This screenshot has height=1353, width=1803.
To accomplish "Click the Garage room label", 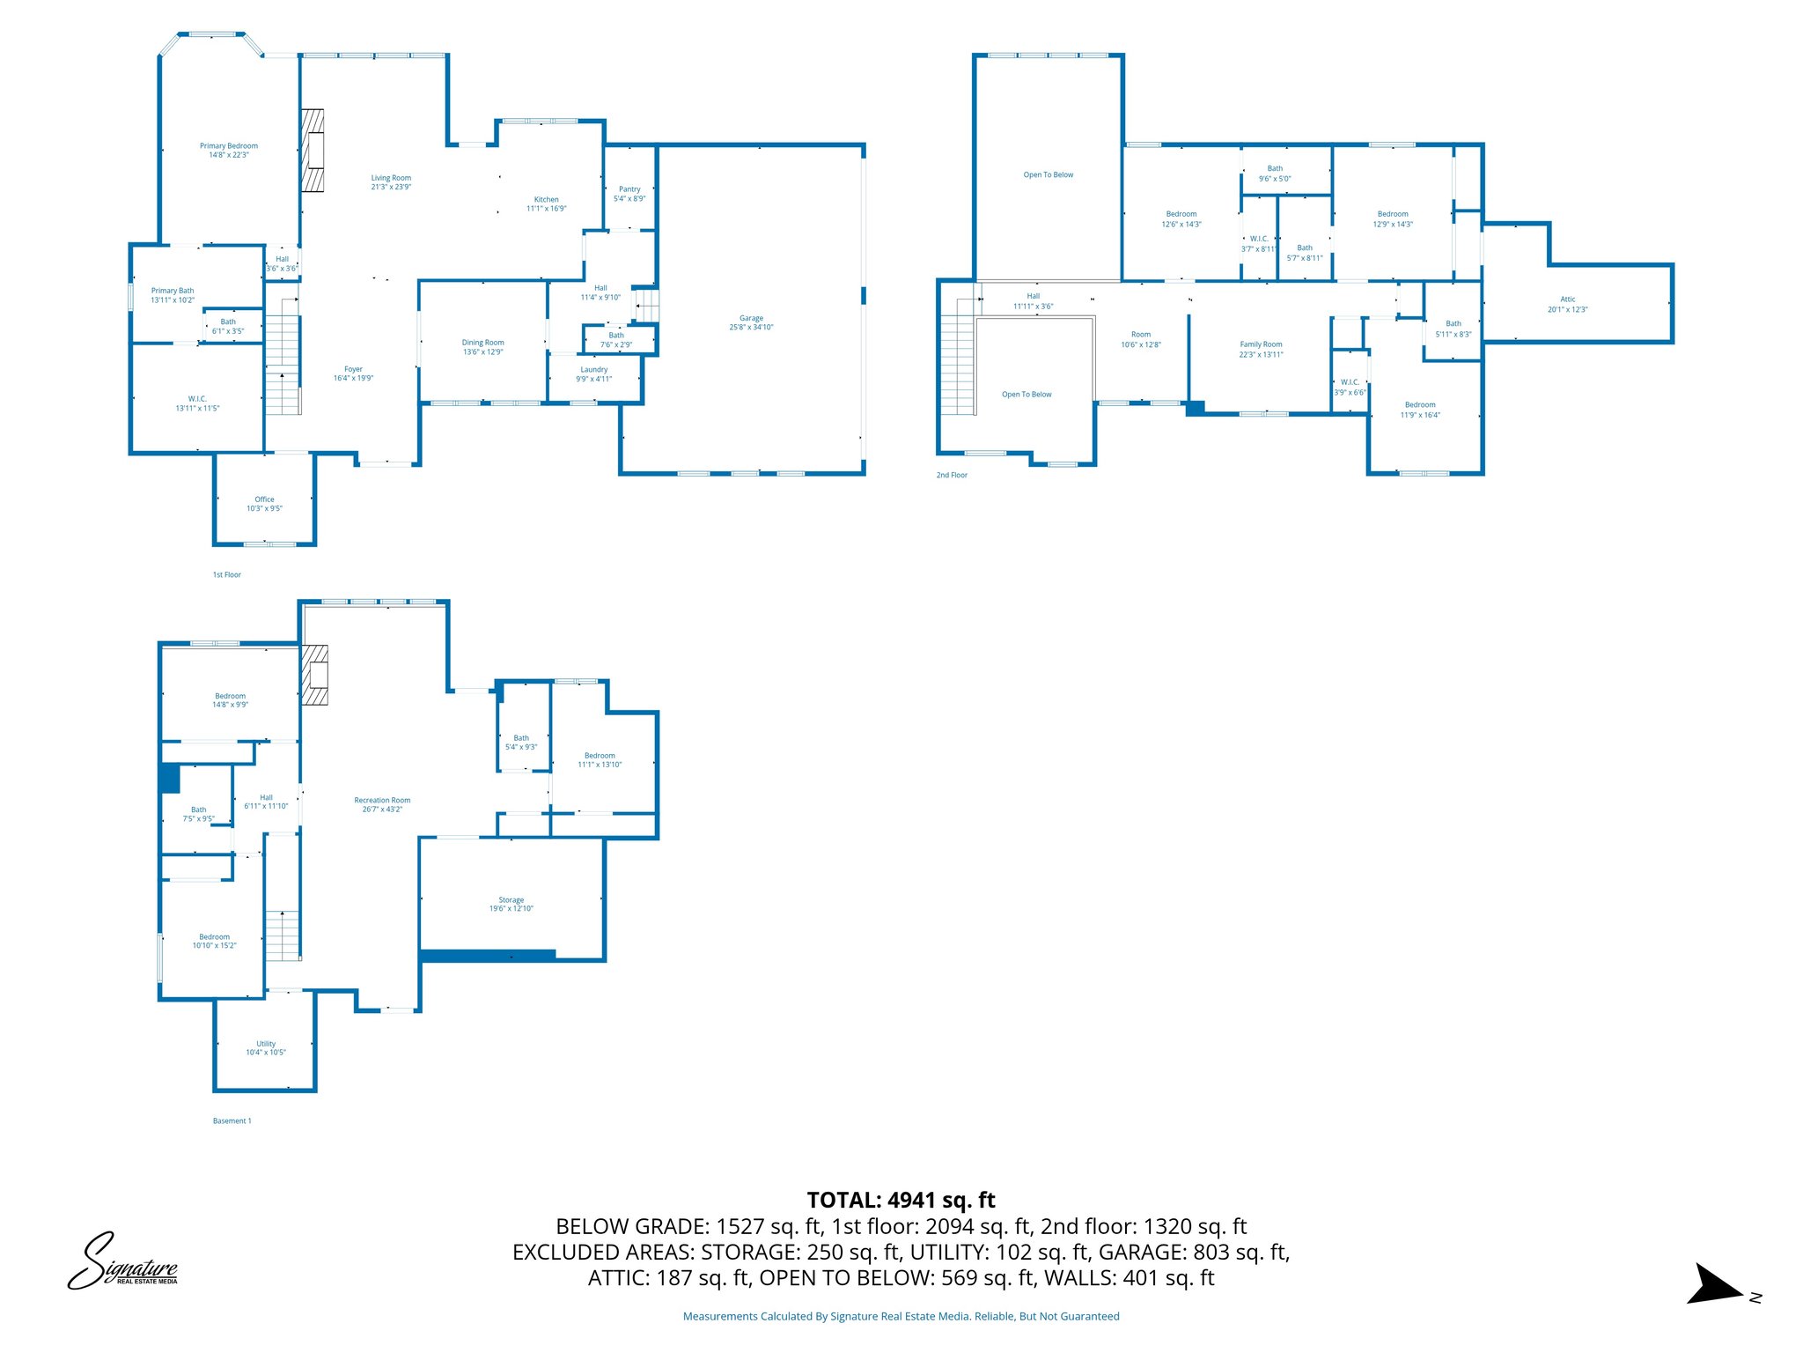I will pos(751,318).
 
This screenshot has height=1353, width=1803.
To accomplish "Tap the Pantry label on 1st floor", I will pos(629,189).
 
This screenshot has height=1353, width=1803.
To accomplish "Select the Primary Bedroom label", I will pos(229,146).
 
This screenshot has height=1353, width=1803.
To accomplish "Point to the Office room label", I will pos(264,499).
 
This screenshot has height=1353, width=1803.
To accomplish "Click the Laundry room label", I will pos(594,370).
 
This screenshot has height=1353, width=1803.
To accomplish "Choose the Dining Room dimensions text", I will pos(483,352).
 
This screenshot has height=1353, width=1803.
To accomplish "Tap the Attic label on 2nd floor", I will pos(1568,299).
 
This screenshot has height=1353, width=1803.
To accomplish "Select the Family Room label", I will pos(1261,344).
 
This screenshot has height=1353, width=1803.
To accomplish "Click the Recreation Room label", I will pos(382,801).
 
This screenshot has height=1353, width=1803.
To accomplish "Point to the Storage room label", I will pos(511,900).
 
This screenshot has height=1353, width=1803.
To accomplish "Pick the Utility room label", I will pos(266,1044).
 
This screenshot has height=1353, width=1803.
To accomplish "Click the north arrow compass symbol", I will pos(1715,1284).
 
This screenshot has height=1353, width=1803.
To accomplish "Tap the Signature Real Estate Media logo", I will pos(122,1262).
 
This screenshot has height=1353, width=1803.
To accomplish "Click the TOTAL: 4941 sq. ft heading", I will pos(901,1200).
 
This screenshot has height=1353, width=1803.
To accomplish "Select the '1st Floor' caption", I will pos(226,574).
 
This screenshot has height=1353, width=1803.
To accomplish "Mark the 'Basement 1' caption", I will pos(232,1120).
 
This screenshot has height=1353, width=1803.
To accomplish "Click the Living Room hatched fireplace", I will pos(313,150).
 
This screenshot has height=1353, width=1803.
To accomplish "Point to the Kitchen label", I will pos(546,200).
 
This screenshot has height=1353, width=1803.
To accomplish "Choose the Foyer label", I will pos(353,370).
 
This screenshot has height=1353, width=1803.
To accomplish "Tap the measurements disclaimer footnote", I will pos(901,1316).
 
